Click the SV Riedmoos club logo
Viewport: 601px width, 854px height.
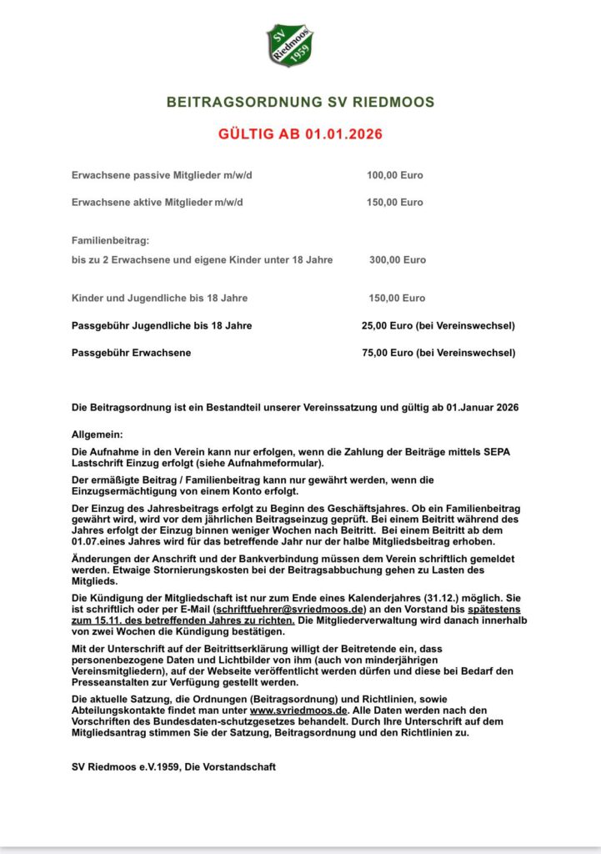[289, 44]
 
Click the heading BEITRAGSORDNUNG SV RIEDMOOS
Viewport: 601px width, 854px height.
[300, 102]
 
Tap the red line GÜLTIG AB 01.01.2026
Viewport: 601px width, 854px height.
[300, 133]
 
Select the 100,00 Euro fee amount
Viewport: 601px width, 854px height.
[394, 175]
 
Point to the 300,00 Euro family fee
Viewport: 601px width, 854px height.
[397, 259]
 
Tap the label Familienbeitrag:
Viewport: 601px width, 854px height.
[110, 240]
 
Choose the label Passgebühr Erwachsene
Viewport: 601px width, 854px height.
[131, 353]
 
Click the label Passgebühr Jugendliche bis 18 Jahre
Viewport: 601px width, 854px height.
[162, 325]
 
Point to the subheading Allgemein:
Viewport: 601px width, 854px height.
[97, 435]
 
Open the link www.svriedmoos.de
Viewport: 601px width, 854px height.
[297, 710]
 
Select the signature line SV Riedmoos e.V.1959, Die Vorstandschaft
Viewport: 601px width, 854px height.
[173, 766]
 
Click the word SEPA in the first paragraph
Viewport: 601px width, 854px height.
[498, 451]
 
